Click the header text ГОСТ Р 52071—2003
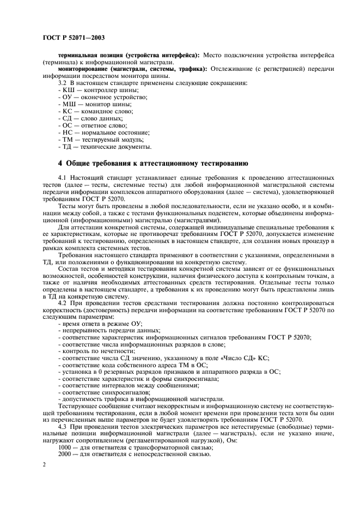click(x=73, y=38)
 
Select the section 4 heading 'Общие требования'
click(x=153, y=163)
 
